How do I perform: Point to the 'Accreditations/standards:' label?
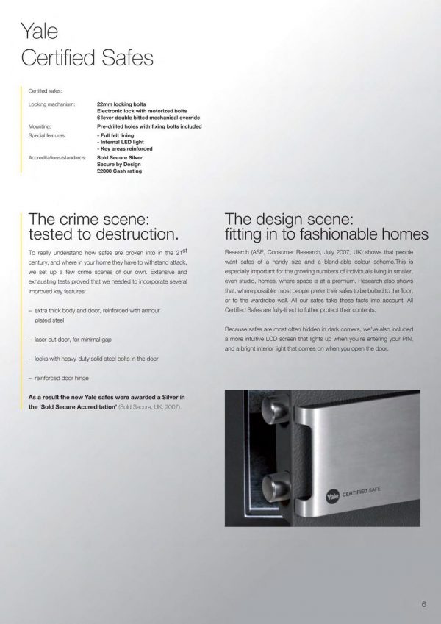(56, 157)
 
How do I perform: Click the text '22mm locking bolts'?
(121, 105)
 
